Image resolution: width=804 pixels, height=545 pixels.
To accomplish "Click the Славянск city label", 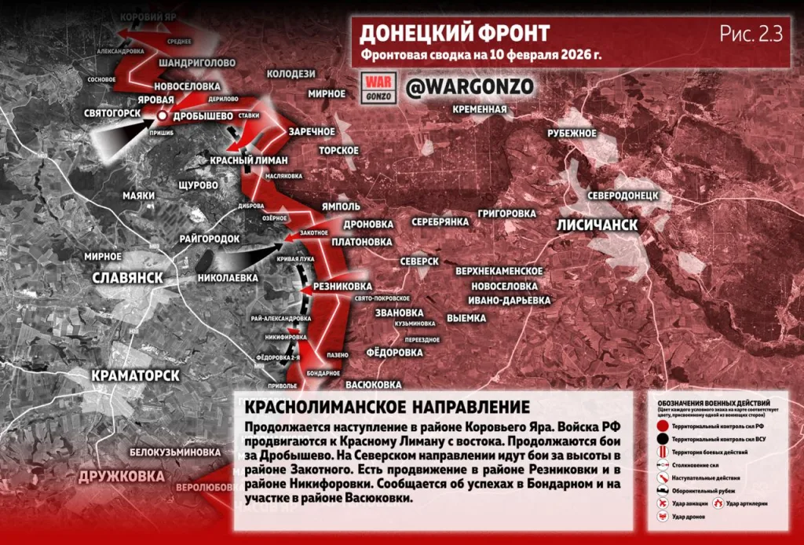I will (127, 278).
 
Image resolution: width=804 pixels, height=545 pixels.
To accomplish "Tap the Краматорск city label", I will (136, 375).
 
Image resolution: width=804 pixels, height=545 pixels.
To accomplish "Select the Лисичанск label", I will (597, 225).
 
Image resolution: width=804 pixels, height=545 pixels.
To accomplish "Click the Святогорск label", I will (112, 113).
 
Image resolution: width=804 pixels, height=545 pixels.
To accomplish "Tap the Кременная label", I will (479, 109).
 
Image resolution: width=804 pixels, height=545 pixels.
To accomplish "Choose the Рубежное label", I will (572, 133).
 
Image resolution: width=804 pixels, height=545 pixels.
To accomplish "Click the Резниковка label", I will (342, 286).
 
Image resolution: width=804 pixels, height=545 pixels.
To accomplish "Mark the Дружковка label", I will (121, 476).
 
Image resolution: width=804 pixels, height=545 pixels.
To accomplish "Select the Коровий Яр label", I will (145, 16).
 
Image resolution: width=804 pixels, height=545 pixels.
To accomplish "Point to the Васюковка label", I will (374, 385).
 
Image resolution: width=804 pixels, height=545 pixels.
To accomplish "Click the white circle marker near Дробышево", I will (162, 115).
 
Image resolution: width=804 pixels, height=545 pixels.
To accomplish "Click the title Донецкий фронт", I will (454, 33).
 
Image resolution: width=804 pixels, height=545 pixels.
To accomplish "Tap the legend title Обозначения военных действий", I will (717, 400).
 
